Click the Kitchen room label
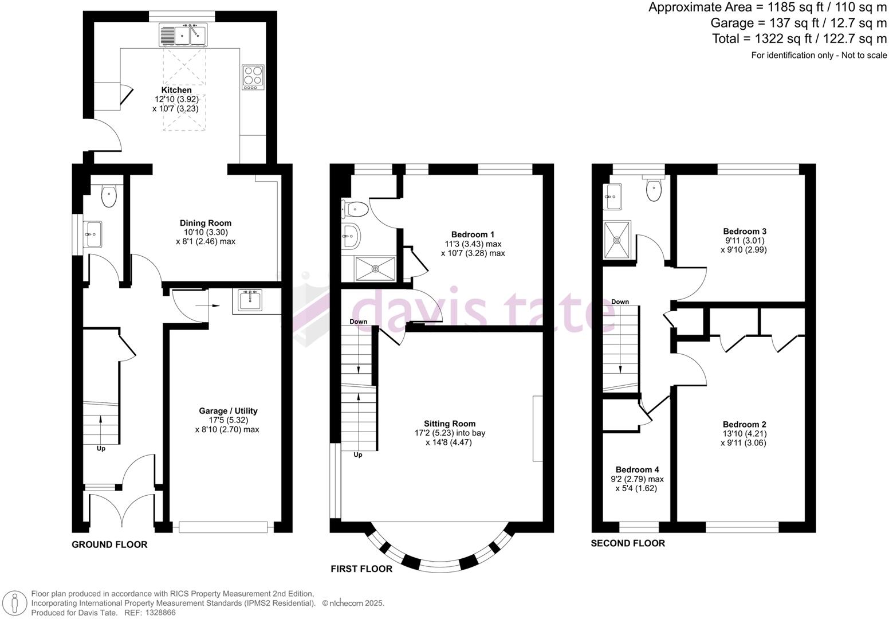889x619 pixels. [x=176, y=90]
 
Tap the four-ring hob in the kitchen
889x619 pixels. [x=253, y=77]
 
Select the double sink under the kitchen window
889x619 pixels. [x=183, y=34]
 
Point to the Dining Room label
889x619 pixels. [x=205, y=223]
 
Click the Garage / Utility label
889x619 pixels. [x=228, y=411]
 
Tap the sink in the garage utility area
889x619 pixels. [x=250, y=300]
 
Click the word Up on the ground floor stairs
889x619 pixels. [x=101, y=448]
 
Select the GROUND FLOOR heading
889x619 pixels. [x=109, y=544]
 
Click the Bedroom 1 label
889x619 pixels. [x=473, y=234]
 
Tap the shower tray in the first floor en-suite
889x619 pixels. [x=375, y=269]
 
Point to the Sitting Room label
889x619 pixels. [x=450, y=424]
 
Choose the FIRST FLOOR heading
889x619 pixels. [x=361, y=569]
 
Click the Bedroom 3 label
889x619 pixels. [x=745, y=232]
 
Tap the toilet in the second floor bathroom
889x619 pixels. [x=654, y=189]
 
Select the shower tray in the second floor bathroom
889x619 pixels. [x=617, y=240]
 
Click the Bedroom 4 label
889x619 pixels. [x=638, y=470]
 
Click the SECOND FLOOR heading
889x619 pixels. [x=628, y=543]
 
